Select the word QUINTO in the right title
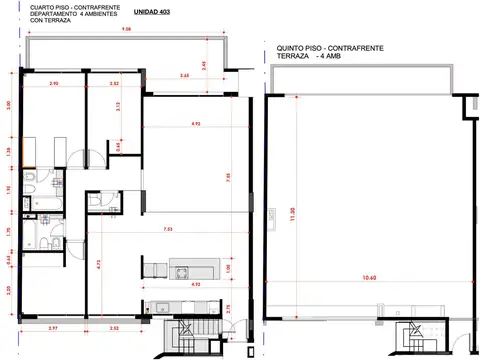pos(291,47)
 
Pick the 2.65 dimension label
pos(185,76)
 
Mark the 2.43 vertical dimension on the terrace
pos(204,65)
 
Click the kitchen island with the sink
pos(191,270)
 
